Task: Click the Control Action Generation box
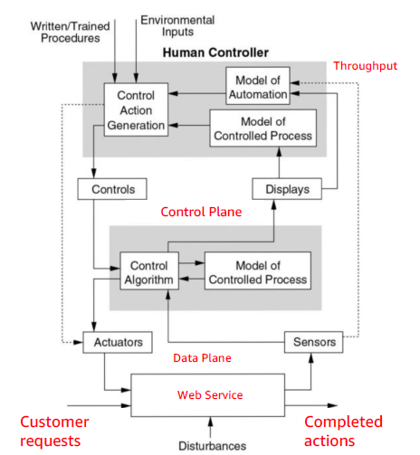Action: coord(136,109)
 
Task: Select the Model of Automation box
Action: coord(258,86)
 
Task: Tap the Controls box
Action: coord(112,189)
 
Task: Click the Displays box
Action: coord(287,189)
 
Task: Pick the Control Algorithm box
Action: coord(149,271)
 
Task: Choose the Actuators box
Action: coord(118,342)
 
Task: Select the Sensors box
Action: coord(314,342)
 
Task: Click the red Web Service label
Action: coord(210,395)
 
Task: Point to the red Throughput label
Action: coord(365,66)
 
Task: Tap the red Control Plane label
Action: coord(201,212)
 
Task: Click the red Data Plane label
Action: coord(202,358)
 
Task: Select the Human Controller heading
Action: coord(215,52)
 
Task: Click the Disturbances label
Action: coord(213,446)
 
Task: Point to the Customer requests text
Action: coord(54,431)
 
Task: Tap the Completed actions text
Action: coord(343,431)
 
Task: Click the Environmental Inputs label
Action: coord(177,26)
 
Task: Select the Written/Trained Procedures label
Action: coord(71,33)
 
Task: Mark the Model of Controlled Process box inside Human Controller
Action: coord(263,128)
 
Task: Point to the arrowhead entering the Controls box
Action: coord(94,174)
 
